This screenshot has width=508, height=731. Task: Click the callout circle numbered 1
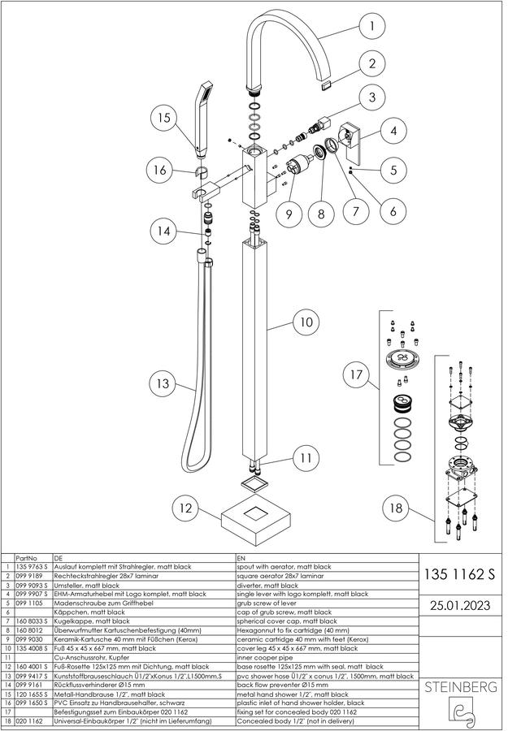(371, 26)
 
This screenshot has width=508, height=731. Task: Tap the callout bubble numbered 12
(185, 508)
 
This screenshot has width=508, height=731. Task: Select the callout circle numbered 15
(164, 117)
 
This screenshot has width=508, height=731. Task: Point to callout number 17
(356, 374)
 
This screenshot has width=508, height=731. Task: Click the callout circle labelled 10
(306, 322)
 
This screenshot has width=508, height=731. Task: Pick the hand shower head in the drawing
(204, 120)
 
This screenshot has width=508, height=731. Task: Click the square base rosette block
(256, 521)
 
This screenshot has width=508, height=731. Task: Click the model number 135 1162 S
(459, 574)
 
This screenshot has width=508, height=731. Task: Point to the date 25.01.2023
(460, 606)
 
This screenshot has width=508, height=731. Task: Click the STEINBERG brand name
(460, 686)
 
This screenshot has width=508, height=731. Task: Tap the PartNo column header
(26, 558)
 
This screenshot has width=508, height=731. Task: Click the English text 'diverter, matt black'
(267, 585)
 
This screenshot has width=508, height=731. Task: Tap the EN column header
(241, 558)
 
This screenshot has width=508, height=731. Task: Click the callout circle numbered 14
(163, 231)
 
